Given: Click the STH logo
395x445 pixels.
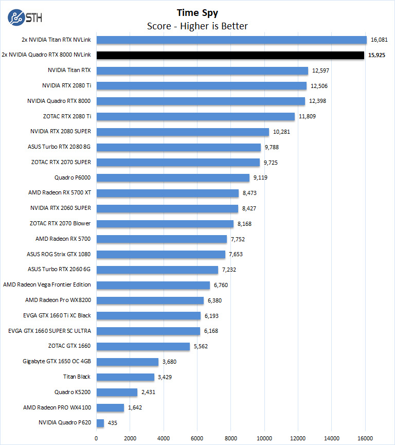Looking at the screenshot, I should coord(25,17).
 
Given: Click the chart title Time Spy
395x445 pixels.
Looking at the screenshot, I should coord(197,13).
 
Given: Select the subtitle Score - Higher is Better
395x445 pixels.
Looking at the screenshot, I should coord(197,26).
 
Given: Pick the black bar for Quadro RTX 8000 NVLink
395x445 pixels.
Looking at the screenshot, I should coord(230,55).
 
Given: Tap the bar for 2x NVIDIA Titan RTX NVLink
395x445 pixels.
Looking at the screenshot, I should coord(231,40).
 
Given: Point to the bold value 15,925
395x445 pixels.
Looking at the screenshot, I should coord(376,55).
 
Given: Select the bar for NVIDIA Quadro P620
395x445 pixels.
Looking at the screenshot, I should coord(100,423).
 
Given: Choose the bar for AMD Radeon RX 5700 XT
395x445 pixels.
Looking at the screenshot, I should coord(167,193).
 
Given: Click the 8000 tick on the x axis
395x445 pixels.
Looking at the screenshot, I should coord(230,438).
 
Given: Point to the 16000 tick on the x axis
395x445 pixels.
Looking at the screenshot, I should coord(365,438).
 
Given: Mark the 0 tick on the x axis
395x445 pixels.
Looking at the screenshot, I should coord(96,438).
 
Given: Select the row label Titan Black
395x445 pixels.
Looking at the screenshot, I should coord(77,377).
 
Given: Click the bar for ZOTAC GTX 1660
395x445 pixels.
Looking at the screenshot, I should coord(143,346).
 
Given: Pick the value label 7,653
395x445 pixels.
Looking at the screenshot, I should coord(237,254).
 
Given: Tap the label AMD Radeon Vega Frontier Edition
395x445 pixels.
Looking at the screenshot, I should coord(47,284).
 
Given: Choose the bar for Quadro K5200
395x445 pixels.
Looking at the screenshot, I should coord(117,392).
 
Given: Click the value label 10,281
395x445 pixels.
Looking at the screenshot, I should coord(282,132).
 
